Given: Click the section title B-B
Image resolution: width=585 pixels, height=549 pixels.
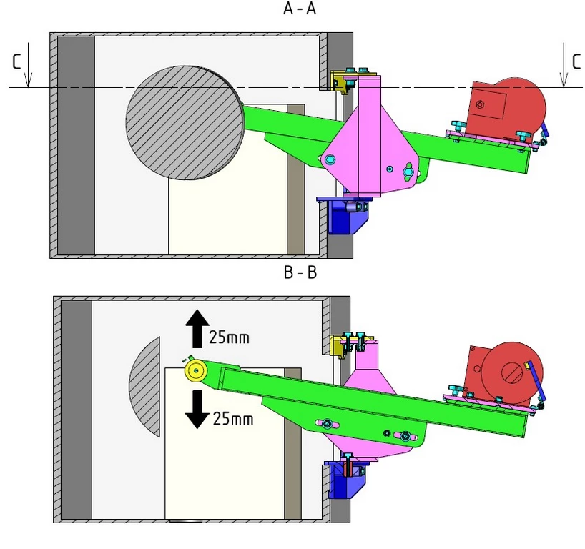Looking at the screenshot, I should click(x=300, y=274).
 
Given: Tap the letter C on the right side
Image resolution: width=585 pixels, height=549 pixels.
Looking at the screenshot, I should click(x=576, y=62).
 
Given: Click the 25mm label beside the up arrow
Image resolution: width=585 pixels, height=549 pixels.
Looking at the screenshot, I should click(x=229, y=337).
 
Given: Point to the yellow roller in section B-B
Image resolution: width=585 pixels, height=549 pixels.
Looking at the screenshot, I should click(x=195, y=370).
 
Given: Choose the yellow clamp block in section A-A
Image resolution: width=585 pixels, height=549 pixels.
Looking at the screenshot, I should click(x=338, y=81).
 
